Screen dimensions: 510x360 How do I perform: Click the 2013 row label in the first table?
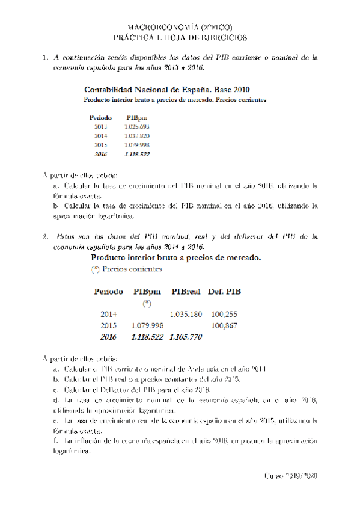pyautogui.click(x=100, y=127)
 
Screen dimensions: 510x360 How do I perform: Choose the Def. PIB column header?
pyautogui.click(x=225, y=292)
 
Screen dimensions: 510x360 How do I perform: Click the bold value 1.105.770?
pyautogui.click(x=186, y=337)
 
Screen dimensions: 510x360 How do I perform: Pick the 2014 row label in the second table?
pyautogui.click(x=109, y=314)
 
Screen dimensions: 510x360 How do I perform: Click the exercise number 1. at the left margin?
pyautogui.click(x=44, y=58)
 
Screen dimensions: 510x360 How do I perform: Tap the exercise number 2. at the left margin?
pyautogui.click(x=44, y=236)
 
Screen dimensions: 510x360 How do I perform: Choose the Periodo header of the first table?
pyautogui.click(x=100, y=118)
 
